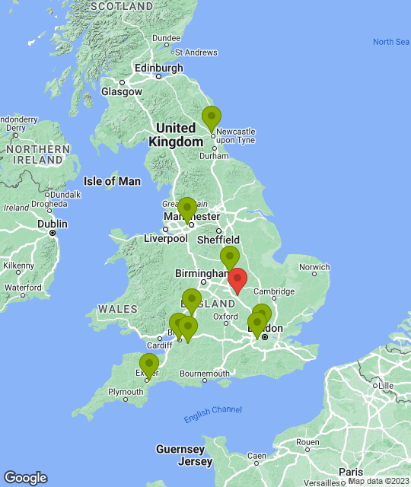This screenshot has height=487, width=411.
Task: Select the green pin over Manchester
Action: click(x=186, y=209)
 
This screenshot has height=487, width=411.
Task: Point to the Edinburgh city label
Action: click(x=158, y=68)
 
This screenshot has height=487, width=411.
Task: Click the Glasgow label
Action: click(x=122, y=91)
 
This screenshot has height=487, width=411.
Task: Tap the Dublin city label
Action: click(x=53, y=224)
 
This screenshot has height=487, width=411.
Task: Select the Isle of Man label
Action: click(x=112, y=181)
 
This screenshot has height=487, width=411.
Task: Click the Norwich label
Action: click(x=314, y=267)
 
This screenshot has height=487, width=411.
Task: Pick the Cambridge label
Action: click(x=273, y=291)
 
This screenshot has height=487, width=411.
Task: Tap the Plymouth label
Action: click(x=125, y=393)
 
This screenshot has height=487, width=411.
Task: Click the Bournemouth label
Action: click(x=204, y=374)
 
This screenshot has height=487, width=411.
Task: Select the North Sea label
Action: click(x=390, y=42)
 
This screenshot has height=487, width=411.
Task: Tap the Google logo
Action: click(x=25, y=478)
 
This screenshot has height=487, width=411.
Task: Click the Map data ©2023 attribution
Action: click(x=378, y=481)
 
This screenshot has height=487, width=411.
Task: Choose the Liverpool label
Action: click(x=165, y=238)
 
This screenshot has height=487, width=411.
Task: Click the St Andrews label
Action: click(x=196, y=53)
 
